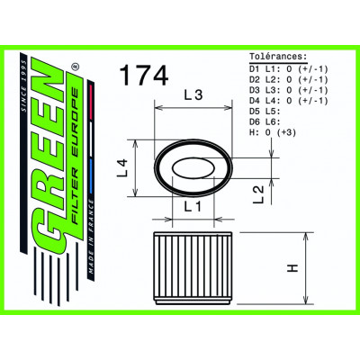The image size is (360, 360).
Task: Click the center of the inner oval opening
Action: pyautogui.click(x=193, y=169)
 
